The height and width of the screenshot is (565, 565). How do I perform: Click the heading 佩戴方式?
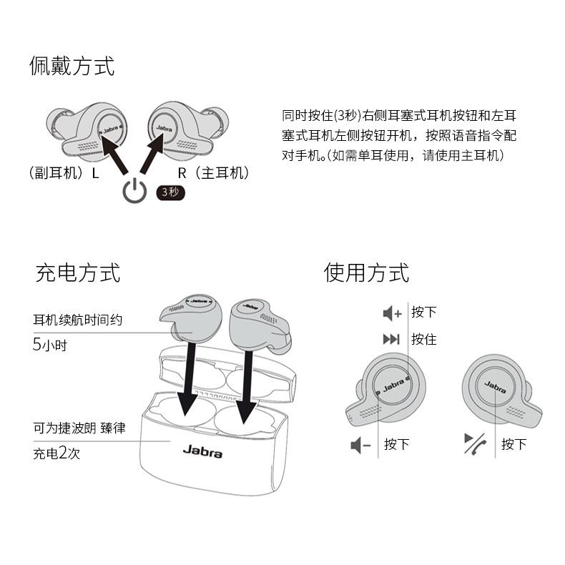point(72,66)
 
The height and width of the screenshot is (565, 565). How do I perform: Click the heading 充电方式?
point(78,272)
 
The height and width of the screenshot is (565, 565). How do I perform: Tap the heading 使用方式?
point(366,272)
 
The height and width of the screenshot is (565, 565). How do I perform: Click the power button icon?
point(134,191)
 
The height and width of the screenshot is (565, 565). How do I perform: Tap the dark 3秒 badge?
point(170,192)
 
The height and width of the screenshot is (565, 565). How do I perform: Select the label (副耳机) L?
point(64,173)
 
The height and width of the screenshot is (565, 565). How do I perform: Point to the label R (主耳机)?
point(213,173)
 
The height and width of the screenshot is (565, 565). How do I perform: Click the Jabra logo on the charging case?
point(202,451)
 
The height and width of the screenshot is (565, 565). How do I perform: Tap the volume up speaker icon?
point(392,313)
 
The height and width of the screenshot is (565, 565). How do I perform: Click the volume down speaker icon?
point(360,445)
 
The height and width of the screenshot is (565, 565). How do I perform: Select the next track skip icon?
point(391,339)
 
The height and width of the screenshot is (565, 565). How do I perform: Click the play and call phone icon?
point(476,443)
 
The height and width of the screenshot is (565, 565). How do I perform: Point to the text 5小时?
point(50,345)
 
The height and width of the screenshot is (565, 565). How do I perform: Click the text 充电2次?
point(56,453)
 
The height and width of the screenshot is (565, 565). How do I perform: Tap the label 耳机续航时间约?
point(78,320)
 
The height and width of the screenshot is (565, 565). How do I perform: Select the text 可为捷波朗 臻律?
point(79,428)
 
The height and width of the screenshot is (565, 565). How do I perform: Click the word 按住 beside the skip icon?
point(424,339)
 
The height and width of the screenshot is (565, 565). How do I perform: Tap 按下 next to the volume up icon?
point(424,312)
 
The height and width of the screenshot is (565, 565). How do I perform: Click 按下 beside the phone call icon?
point(514,444)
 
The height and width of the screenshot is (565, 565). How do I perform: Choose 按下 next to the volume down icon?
point(397,444)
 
